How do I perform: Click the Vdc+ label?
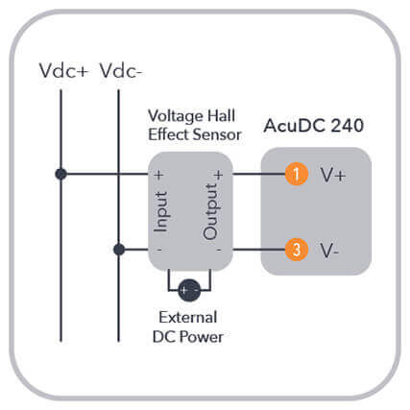point(63,70)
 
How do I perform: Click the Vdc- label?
point(121,70)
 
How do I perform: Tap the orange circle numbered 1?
point(297,174)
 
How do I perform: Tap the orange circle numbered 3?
point(297,250)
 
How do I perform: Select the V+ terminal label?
point(333,175)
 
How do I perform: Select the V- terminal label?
point(329,251)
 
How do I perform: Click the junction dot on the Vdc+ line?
point(60,174)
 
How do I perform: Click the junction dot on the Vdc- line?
point(119,250)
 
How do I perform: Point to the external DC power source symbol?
point(189,290)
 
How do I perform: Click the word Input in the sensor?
point(161,211)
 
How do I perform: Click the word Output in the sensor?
point(211,211)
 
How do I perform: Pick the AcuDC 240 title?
point(314,126)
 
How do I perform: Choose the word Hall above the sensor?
point(222,115)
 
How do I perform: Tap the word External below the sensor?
point(188,317)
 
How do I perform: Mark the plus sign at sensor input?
point(158,175)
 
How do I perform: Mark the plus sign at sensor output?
point(219,175)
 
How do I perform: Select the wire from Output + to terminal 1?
point(258,174)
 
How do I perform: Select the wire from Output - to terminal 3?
point(258,250)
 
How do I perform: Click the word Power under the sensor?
point(202,337)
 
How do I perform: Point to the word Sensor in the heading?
point(217,134)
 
